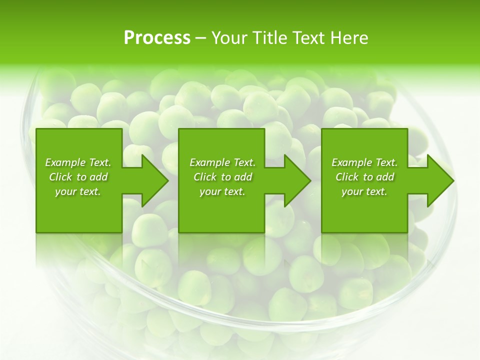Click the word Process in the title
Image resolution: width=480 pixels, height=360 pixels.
[157, 38]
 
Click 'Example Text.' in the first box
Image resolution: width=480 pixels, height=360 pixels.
[78, 162]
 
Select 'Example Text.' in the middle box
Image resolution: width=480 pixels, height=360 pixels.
[222, 162]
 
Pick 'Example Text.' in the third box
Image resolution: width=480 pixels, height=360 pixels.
[364, 162]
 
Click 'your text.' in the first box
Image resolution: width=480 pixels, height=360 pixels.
[78, 191]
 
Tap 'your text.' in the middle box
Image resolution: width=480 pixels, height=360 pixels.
[222, 191]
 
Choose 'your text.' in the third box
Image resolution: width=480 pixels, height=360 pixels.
[364, 191]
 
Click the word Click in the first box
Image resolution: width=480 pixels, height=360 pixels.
[60, 177]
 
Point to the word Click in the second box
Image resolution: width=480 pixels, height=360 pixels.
[205, 177]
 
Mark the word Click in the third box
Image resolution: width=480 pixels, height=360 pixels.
[347, 177]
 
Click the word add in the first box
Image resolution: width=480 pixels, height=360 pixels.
[98, 177]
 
